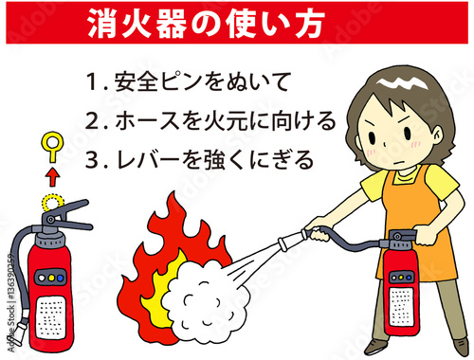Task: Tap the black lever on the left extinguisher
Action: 71,224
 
